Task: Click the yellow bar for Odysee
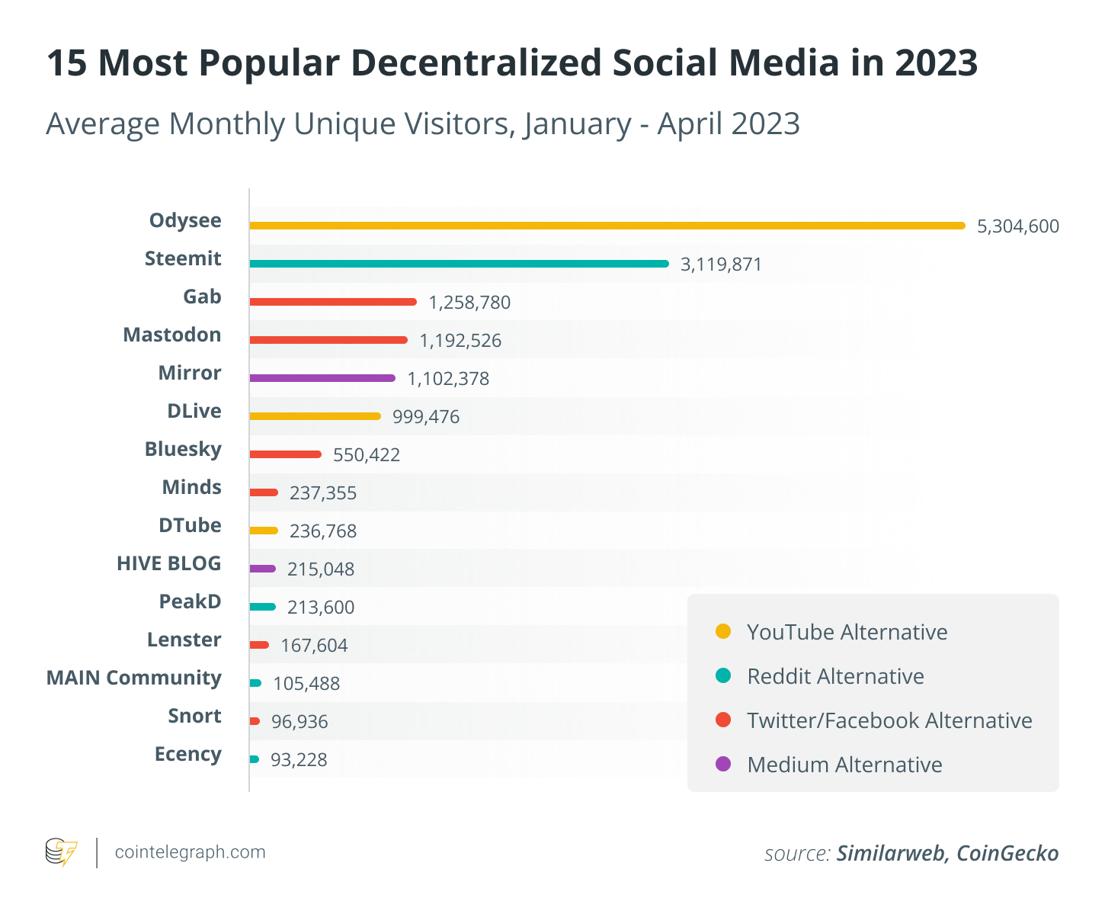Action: [x=607, y=226]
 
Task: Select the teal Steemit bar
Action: [x=459, y=264]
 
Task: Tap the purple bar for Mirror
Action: [x=322, y=378]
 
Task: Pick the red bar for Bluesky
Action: [x=285, y=454]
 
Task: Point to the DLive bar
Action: [x=315, y=416]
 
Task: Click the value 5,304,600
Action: [x=1017, y=226]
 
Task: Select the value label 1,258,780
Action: [x=469, y=303]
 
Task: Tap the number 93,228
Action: [x=299, y=760]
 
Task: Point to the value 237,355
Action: [x=323, y=493]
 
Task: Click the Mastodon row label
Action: [x=172, y=335]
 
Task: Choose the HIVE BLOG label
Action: [x=168, y=563]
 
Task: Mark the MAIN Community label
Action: [x=134, y=678]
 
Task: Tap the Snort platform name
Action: [x=194, y=716]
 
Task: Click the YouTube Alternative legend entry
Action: [x=847, y=632]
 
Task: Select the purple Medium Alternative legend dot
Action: [x=723, y=764]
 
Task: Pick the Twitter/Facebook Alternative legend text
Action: [x=889, y=720]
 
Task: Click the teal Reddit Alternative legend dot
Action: [x=723, y=675]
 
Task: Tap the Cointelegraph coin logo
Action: [x=61, y=852]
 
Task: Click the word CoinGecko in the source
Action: [x=1007, y=853]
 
